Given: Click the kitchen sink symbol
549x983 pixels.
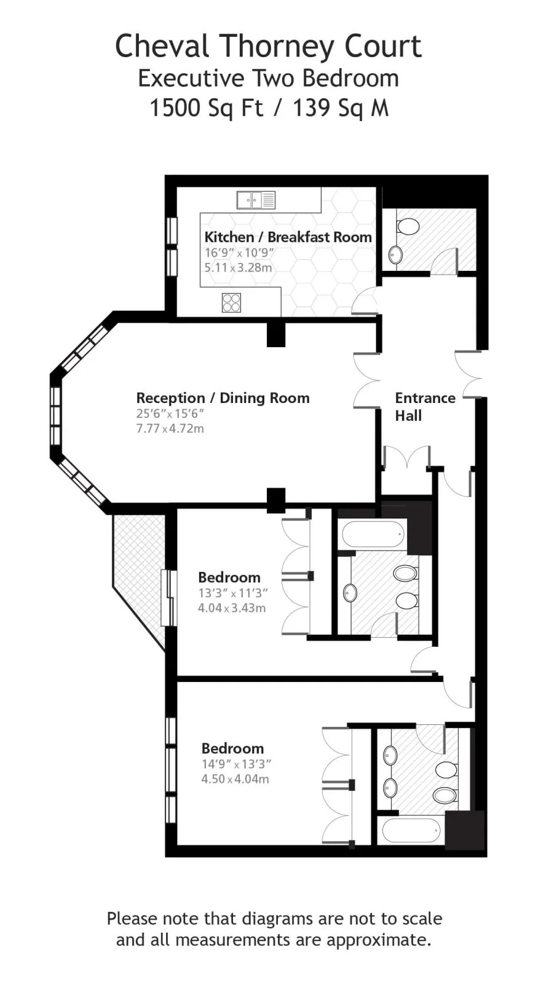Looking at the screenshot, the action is point(256,200).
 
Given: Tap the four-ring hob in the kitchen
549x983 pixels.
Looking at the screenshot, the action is point(231,302).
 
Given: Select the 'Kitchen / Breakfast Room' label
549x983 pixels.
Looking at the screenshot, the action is point(288,237).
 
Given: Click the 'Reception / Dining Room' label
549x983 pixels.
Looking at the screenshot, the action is point(223,398).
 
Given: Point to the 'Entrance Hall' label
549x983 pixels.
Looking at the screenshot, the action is point(425,407).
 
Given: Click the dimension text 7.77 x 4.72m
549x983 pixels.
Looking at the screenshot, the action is point(170,429).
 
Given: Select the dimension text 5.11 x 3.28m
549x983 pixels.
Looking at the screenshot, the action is point(238,267).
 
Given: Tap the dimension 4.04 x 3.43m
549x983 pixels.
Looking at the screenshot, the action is point(232,608).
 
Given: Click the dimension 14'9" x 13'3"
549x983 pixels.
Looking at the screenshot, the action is point(236,764).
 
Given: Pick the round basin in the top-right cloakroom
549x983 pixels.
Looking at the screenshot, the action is point(396,254).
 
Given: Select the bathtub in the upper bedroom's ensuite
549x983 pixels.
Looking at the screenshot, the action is point(374,534).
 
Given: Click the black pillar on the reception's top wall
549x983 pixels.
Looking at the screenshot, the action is point(276,334).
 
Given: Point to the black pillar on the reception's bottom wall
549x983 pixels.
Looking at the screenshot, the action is point(276,500).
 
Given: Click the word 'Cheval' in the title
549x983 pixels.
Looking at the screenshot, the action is point(162,47).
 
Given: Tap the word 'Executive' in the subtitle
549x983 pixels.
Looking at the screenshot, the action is point(191,79).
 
